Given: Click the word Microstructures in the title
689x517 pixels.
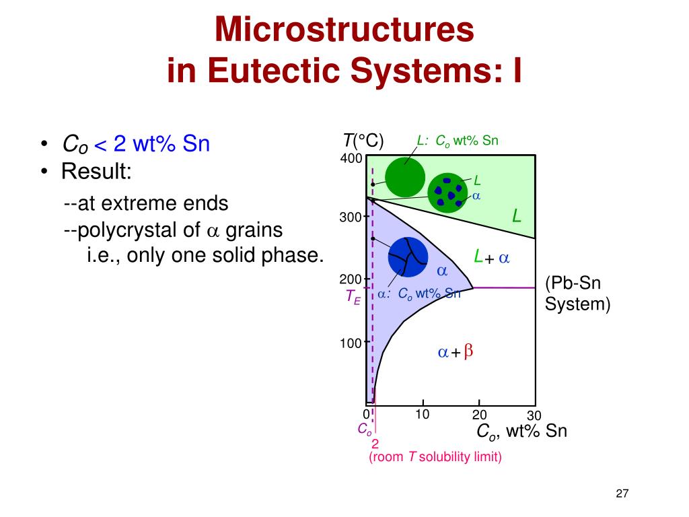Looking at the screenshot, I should tap(344, 30).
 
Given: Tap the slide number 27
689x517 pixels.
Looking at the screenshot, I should tap(622, 495).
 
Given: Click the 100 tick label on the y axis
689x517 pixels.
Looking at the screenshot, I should tap(350, 343).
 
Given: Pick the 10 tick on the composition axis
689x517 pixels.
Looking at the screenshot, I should tap(422, 414).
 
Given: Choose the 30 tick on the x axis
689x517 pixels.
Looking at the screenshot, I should tap(534, 416).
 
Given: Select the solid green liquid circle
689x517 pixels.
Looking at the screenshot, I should tap(405, 177).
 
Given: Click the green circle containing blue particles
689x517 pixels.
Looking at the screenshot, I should tap(447, 192).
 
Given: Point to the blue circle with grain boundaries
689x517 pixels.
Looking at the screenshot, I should tap(408, 256).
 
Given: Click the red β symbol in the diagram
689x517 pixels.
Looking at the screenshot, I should tap(469, 351).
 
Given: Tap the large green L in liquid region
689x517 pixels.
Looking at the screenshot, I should tap(516, 216).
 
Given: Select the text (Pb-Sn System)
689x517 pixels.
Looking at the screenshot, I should tap(577, 293).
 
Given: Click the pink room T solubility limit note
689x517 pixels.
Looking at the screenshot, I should tap(435, 457).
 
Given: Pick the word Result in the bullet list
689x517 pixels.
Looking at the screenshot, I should tap(96, 172).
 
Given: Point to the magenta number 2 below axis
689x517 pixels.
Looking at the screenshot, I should tap(375, 444).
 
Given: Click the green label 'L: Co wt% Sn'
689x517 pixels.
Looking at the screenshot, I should tap(457, 141).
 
